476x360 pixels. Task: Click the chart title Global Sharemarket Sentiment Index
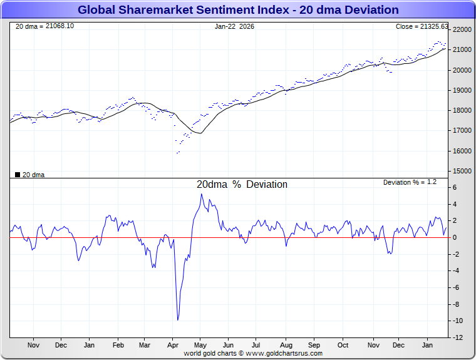[x=237, y=10]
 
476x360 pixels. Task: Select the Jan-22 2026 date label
[x=234, y=26]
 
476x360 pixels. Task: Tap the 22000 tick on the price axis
[x=462, y=29]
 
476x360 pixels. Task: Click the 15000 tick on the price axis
[x=462, y=171]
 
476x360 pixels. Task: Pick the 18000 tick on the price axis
[x=462, y=110]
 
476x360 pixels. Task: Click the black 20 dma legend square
[x=17, y=175]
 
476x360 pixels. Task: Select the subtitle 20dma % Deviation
[x=242, y=185]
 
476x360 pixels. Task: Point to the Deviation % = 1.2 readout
[x=410, y=182]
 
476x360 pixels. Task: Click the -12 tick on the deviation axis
[x=458, y=337]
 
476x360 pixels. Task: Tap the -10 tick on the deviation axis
[x=458, y=321]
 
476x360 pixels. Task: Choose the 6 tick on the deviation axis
[x=455, y=187]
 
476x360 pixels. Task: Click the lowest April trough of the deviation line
[x=178, y=320]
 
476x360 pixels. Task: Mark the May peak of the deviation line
[x=201, y=194]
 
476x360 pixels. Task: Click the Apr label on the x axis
[x=173, y=345]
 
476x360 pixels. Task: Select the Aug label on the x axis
[x=286, y=345]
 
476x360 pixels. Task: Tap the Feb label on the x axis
[x=117, y=345]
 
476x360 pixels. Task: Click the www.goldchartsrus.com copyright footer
[x=253, y=353]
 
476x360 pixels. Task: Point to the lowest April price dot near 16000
[x=178, y=152]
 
